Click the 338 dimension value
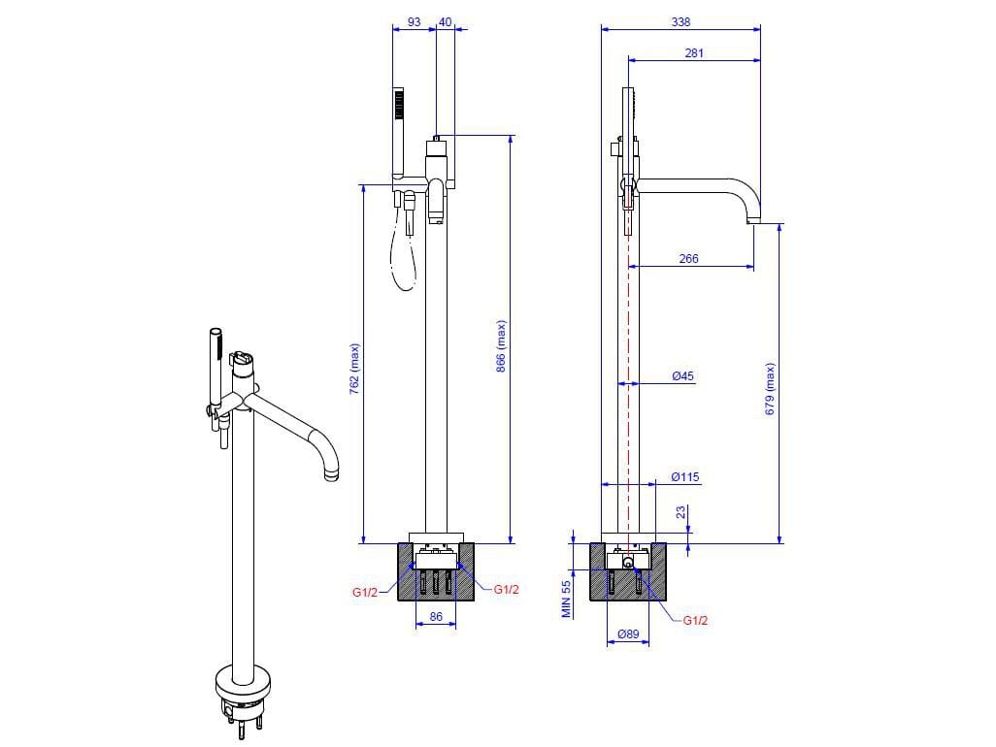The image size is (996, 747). [681, 21]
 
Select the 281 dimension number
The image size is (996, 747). [694, 53]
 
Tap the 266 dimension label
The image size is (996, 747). [688, 258]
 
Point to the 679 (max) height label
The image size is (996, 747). [770, 389]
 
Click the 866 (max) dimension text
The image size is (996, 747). [501, 346]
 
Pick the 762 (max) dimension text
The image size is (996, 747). [354, 370]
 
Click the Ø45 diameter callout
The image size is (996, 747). [682, 375]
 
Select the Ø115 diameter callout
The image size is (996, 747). [685, 476]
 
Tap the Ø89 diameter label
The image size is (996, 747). [628, 633]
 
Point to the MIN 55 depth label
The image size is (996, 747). [567, 599]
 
